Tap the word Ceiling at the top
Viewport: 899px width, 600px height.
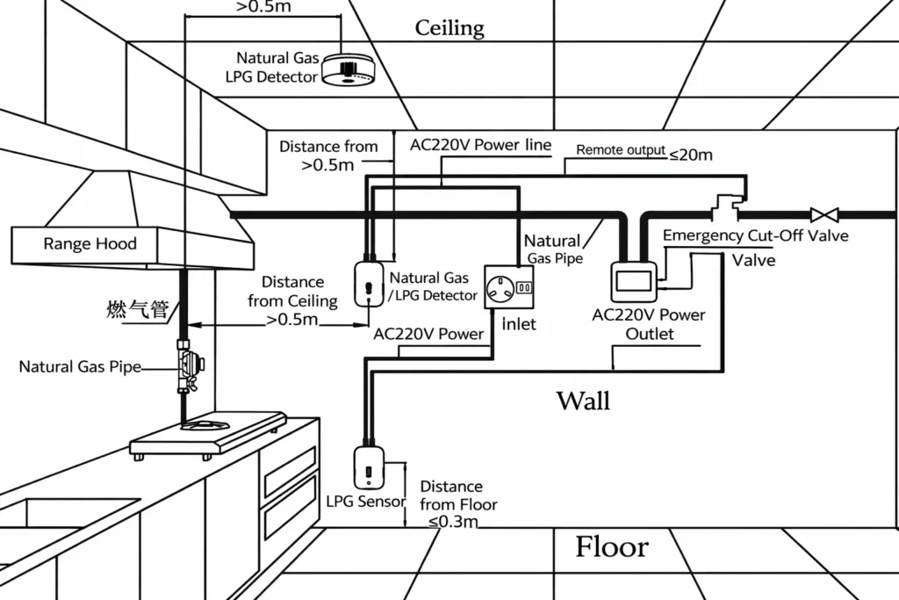[449, 28]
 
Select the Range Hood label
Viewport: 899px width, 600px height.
[90, 243]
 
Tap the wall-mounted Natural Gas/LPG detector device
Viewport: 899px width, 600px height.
[368, 283]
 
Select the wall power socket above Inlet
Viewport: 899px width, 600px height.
[509, 286]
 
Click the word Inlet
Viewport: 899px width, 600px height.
[518, 324]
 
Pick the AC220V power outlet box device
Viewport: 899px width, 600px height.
[632, 282]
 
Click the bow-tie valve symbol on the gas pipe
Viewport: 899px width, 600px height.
[823, 213]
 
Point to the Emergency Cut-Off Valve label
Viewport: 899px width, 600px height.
[755, 235]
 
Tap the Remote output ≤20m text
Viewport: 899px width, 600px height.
[644, 153]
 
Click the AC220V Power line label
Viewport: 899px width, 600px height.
[480, 145]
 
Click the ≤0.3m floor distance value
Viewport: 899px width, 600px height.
[453, 522]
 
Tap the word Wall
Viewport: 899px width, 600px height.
[583, 401]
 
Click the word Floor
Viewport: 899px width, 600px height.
[611, 546]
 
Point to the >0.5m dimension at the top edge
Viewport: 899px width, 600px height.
[264, 7]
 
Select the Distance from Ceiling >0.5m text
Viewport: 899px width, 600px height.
[292, 300]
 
